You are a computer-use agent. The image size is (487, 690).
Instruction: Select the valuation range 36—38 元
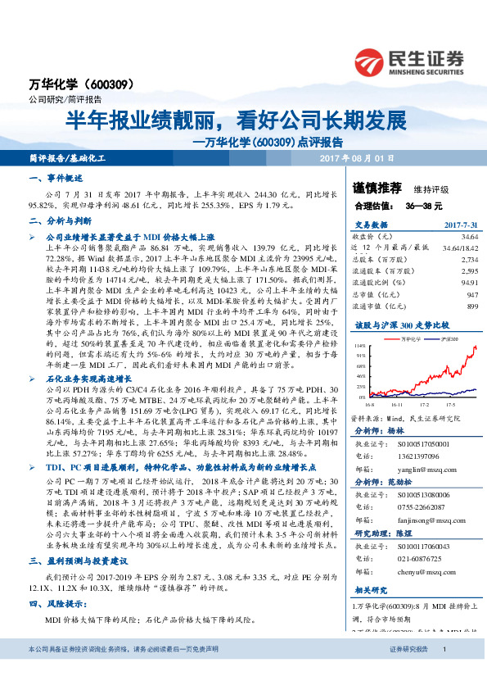(424, 205)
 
